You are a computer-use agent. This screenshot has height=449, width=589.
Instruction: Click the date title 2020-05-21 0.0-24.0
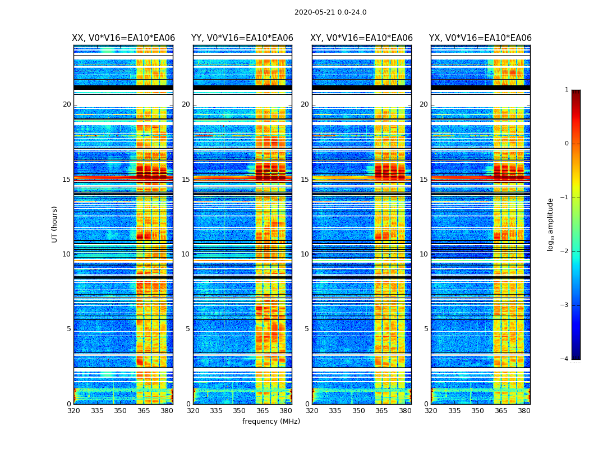tap(330, 12)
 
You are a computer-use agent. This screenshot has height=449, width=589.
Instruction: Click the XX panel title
tap(123, 38)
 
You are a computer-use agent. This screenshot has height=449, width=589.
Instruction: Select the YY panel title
tap(242, 38)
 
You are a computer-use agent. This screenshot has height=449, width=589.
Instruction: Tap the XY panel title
tap(361, 38)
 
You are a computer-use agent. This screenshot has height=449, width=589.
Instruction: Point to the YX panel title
tap(480, 38)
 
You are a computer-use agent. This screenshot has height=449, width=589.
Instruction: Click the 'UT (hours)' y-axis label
tap(55, 224)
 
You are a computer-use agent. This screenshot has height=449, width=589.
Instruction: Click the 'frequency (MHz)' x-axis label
tap(271, 421)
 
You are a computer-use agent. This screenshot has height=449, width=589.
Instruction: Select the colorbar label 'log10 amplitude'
tap(551, 224)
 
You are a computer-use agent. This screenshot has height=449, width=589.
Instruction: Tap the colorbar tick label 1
tap(567, 90)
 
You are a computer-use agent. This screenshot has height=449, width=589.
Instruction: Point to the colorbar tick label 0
tap(567, 144)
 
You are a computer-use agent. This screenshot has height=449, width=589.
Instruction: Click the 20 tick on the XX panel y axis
tap(67, 104)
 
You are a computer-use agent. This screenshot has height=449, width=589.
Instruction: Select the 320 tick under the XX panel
tap(73, 411)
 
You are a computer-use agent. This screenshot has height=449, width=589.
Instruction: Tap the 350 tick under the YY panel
tap(240, 411)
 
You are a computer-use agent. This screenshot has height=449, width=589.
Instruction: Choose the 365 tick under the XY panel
tap(381, 411)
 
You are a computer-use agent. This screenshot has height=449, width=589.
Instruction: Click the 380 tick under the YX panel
tap(524, 411)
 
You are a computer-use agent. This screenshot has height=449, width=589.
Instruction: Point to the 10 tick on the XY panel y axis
tap(305, 254)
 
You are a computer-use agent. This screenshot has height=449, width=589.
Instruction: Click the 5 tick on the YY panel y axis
tap(188, 329)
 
